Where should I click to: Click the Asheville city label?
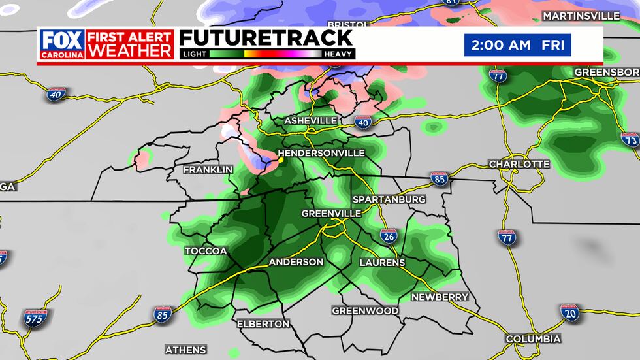tap(310, 121)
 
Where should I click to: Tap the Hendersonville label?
tap(324, 152)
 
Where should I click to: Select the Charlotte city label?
tap(519, 164)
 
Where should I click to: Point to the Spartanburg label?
tap(389, 199)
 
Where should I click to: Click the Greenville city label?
tap(332, 214)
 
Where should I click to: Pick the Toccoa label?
tap(206, 251)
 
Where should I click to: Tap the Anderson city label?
tap(296, 262)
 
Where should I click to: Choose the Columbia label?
tap(533, 338)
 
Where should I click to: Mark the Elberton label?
tap(263, 323)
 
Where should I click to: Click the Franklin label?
tap(208, 169)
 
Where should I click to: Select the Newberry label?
tap(440, 297)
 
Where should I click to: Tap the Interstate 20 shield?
tap(569, 313)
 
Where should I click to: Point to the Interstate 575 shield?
tap(35, 318)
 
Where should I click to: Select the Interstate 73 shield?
tap(630, 139)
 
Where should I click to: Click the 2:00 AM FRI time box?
tap(517, 46)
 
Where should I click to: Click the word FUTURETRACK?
tap(266, 39)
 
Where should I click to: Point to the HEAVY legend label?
tap(338, 54)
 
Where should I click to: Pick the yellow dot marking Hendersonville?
tap(280, 159)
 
